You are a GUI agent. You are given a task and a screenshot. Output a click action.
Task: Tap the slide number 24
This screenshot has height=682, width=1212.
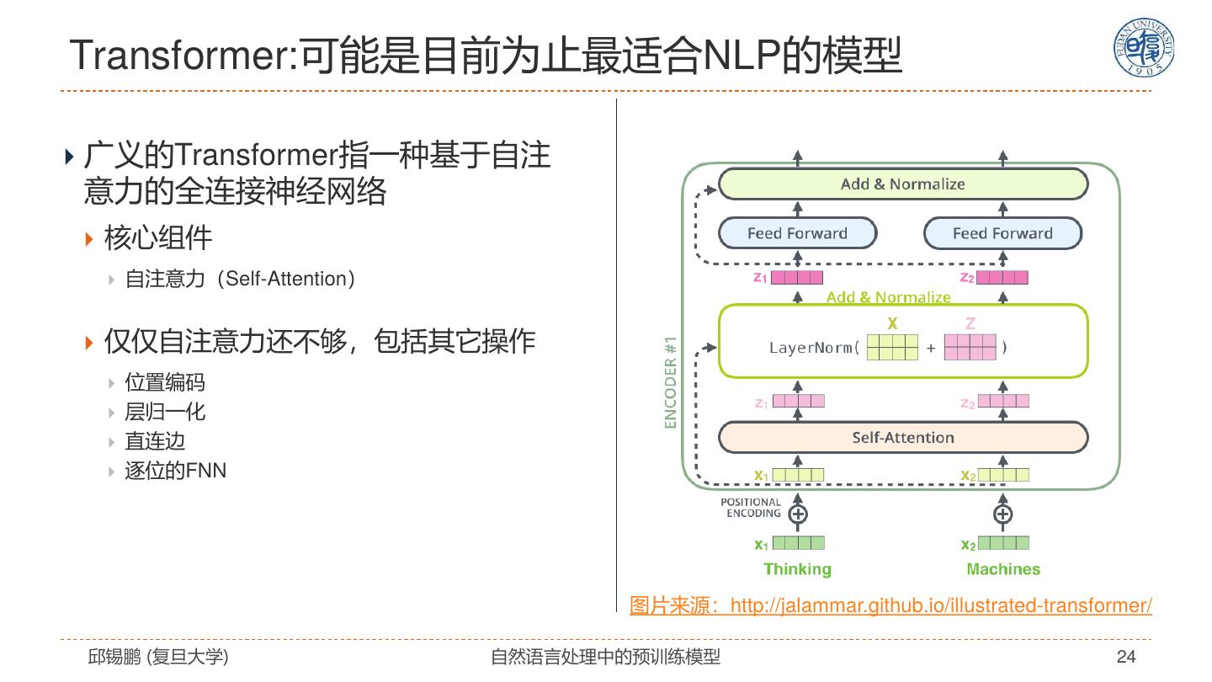point(1126,657)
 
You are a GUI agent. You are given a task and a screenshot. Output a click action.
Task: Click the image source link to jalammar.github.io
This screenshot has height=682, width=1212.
point(890,605)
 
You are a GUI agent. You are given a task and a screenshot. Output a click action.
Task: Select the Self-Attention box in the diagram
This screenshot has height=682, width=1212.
point(902,437)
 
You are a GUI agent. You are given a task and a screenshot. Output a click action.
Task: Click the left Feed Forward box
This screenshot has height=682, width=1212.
point(797,233)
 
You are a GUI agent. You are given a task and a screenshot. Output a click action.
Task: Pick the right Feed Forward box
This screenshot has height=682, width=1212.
point(1002,233)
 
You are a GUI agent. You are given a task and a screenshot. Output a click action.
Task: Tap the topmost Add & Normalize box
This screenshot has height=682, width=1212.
point(902,184)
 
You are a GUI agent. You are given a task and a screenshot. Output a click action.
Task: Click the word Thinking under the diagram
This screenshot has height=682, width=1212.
point(797,569)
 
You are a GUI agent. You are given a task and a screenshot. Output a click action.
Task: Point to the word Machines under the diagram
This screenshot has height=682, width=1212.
point(1002,569)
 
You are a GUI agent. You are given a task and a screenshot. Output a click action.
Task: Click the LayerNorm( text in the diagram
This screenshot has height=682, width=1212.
point(814,348)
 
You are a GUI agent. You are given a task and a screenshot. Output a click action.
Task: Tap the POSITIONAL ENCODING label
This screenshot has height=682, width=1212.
point(751,508)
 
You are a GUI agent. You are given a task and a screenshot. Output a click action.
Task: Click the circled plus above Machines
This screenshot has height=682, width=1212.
point(1002,514)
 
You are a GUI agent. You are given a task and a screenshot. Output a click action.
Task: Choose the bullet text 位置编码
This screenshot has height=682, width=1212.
point(165,383)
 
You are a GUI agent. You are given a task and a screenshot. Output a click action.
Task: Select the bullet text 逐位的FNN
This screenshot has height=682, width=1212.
point(176,471)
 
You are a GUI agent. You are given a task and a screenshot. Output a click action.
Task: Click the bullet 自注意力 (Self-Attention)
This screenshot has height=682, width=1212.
point(240,279)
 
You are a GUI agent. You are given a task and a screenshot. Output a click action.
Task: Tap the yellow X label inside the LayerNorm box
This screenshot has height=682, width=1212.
point(892,323)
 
